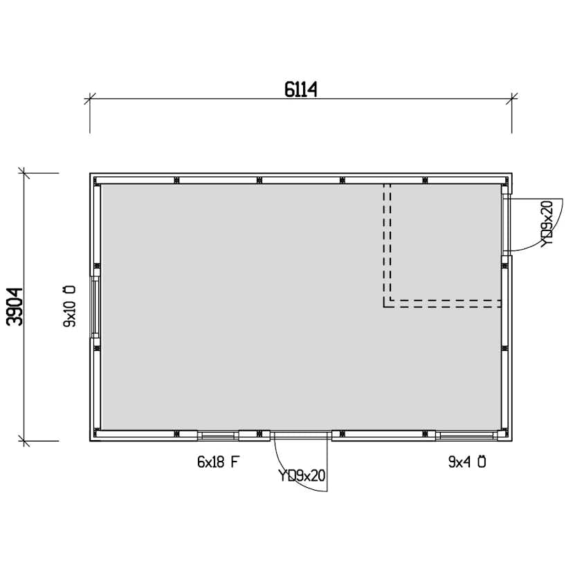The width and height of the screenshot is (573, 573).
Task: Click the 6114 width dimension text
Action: click(300, 89)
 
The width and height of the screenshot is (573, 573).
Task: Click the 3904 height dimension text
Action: click(15, 307)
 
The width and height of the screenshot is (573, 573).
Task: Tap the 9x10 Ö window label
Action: click(69, 307)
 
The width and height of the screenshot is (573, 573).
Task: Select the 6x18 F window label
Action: click(218, 462)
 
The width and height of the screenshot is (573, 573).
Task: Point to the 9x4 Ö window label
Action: click(467, 462)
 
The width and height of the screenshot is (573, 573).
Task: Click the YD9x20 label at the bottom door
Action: click(302, 476)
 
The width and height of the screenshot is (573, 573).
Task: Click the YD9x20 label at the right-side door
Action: click(547, 224)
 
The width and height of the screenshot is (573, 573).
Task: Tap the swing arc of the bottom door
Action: click(289, 475)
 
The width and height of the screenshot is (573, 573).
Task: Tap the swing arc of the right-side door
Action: click(547, 237)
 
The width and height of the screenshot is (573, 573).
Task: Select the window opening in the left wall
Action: click(95, 307)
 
